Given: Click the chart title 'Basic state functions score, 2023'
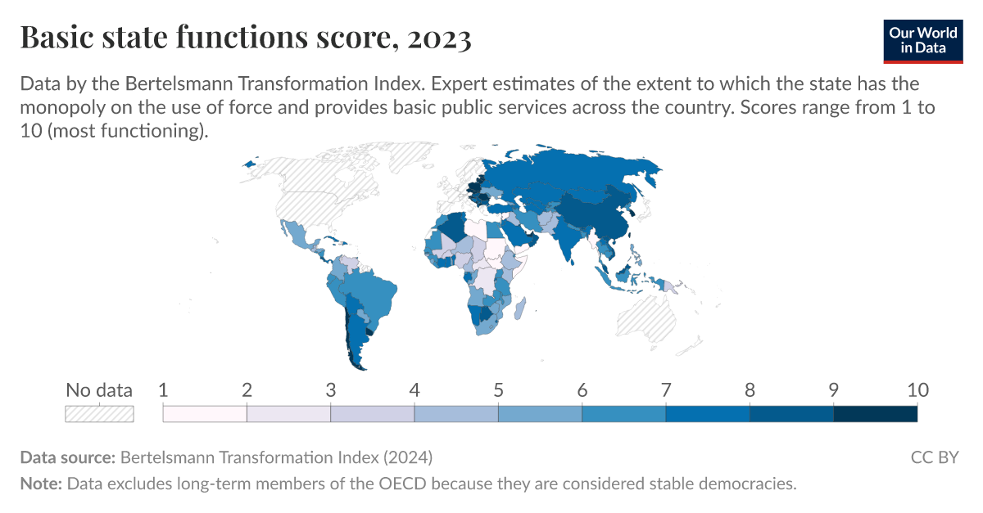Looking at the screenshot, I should click(x=245, y=38).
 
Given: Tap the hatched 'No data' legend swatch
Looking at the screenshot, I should click(x=99, y=413).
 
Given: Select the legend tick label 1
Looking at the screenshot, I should click(x=163, y=390).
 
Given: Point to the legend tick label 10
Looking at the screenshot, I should click(x=916, y=390).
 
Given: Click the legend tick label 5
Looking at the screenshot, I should click(x=498, y=390).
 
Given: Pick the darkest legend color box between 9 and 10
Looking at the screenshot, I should click(x=875, y=413).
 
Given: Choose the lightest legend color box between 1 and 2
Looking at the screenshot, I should click(x=205, y=413).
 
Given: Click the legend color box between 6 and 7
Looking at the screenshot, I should click(x=623, y=413).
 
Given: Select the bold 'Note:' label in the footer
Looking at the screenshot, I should click(x=41, y=484).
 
